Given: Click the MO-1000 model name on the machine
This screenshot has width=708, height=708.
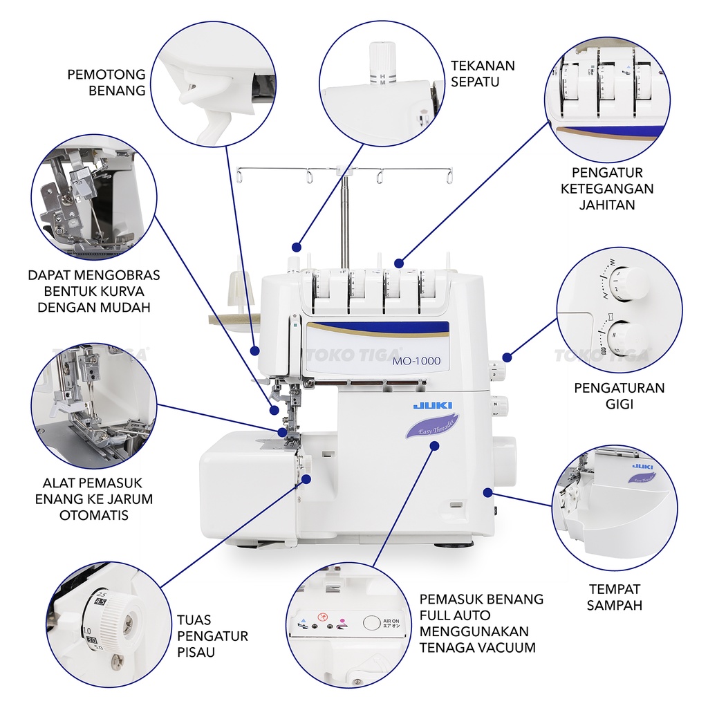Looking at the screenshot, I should click(x=416, y=361).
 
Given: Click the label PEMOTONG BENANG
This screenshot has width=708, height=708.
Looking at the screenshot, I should click(x=106, y=82).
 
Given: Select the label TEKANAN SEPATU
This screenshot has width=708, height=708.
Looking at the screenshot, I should click(x=483, y=73).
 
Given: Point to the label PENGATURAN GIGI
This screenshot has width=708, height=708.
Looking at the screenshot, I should click(x=619, y=395).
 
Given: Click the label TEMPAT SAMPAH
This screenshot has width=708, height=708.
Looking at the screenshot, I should click(x=614, y=597).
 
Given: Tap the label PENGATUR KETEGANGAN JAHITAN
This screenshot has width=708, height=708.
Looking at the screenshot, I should click(x=607, y=188).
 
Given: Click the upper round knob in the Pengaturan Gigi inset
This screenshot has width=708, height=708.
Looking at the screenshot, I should click(x=628, y=283).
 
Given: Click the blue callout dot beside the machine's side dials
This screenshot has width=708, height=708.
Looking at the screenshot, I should click(x=507, y=357).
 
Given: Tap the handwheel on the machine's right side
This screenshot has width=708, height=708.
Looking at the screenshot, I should click(x=505, y=460).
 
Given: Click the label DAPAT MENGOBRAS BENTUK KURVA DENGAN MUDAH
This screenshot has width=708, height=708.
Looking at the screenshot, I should click(x=93, y=290).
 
